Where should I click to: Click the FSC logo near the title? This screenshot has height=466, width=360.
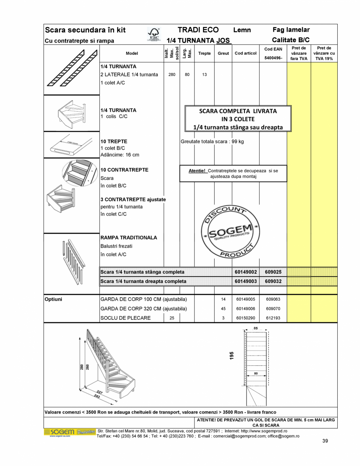[154, 34]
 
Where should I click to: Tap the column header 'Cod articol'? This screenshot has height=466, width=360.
[246, 53]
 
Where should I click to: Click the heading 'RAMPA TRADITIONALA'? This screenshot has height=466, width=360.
[128, 238]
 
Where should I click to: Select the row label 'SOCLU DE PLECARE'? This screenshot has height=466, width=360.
[125, 318]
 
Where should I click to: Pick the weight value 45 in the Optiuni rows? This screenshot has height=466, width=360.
[223, 309]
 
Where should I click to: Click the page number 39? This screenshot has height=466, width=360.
[325, 441]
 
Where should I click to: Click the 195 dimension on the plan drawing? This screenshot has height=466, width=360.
[232, 356]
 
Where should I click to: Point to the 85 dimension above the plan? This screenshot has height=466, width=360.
[255, 328]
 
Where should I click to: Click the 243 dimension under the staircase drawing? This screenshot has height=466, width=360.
[96, 396]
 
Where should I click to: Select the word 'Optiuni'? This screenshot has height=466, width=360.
[54, 300]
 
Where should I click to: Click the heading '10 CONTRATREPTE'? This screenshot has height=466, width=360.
[124, 170]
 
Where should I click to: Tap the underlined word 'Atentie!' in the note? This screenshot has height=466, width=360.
[197, 171]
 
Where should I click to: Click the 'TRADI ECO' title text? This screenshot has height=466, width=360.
[198, 30]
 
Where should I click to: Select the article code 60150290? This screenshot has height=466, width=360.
[246, 318]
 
